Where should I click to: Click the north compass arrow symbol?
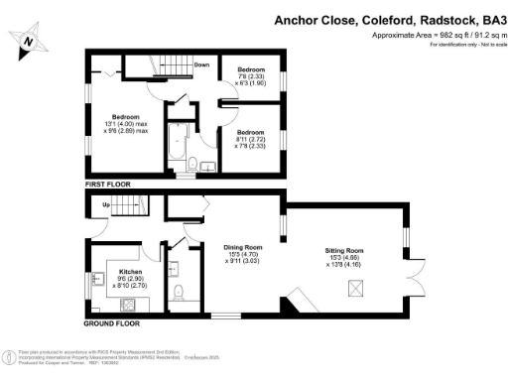pos(30,41)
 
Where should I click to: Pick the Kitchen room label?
pos(132,271)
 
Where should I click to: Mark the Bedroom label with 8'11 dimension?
pos(251,131)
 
